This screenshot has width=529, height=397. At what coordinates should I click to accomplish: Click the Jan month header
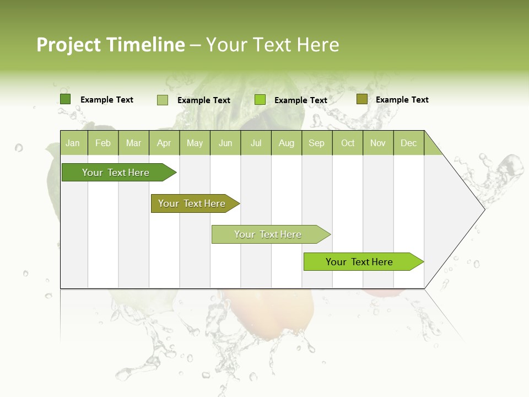(73, 143)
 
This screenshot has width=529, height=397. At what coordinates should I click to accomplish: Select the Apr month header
(164, 143)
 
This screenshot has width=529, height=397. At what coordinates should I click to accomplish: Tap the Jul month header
(256, 143)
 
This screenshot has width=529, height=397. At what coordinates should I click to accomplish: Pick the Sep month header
(316, 143)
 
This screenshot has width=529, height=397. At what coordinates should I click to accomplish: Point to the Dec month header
(408, 143)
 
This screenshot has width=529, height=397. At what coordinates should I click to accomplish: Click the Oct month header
(348, 143)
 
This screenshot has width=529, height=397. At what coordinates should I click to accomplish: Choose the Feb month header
(103, 143)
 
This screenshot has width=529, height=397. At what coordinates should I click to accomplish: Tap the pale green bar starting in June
(268, 234)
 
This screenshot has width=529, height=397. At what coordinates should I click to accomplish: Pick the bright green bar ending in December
(360, 262)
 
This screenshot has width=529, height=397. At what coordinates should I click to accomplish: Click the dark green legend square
(65, 99)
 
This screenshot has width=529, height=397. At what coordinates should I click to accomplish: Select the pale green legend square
(162, 100)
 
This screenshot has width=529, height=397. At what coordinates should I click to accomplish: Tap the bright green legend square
(260, 100)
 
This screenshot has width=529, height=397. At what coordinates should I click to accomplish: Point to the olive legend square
(361, 99)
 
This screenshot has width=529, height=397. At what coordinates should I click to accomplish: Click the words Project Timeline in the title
(110, 45)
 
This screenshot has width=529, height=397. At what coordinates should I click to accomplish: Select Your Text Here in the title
(272, 45)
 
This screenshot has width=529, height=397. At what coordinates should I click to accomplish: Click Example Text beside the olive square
(402, 100)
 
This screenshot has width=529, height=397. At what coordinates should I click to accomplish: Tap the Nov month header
(378, 143)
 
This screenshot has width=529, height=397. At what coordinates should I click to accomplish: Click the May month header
(195, 143)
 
